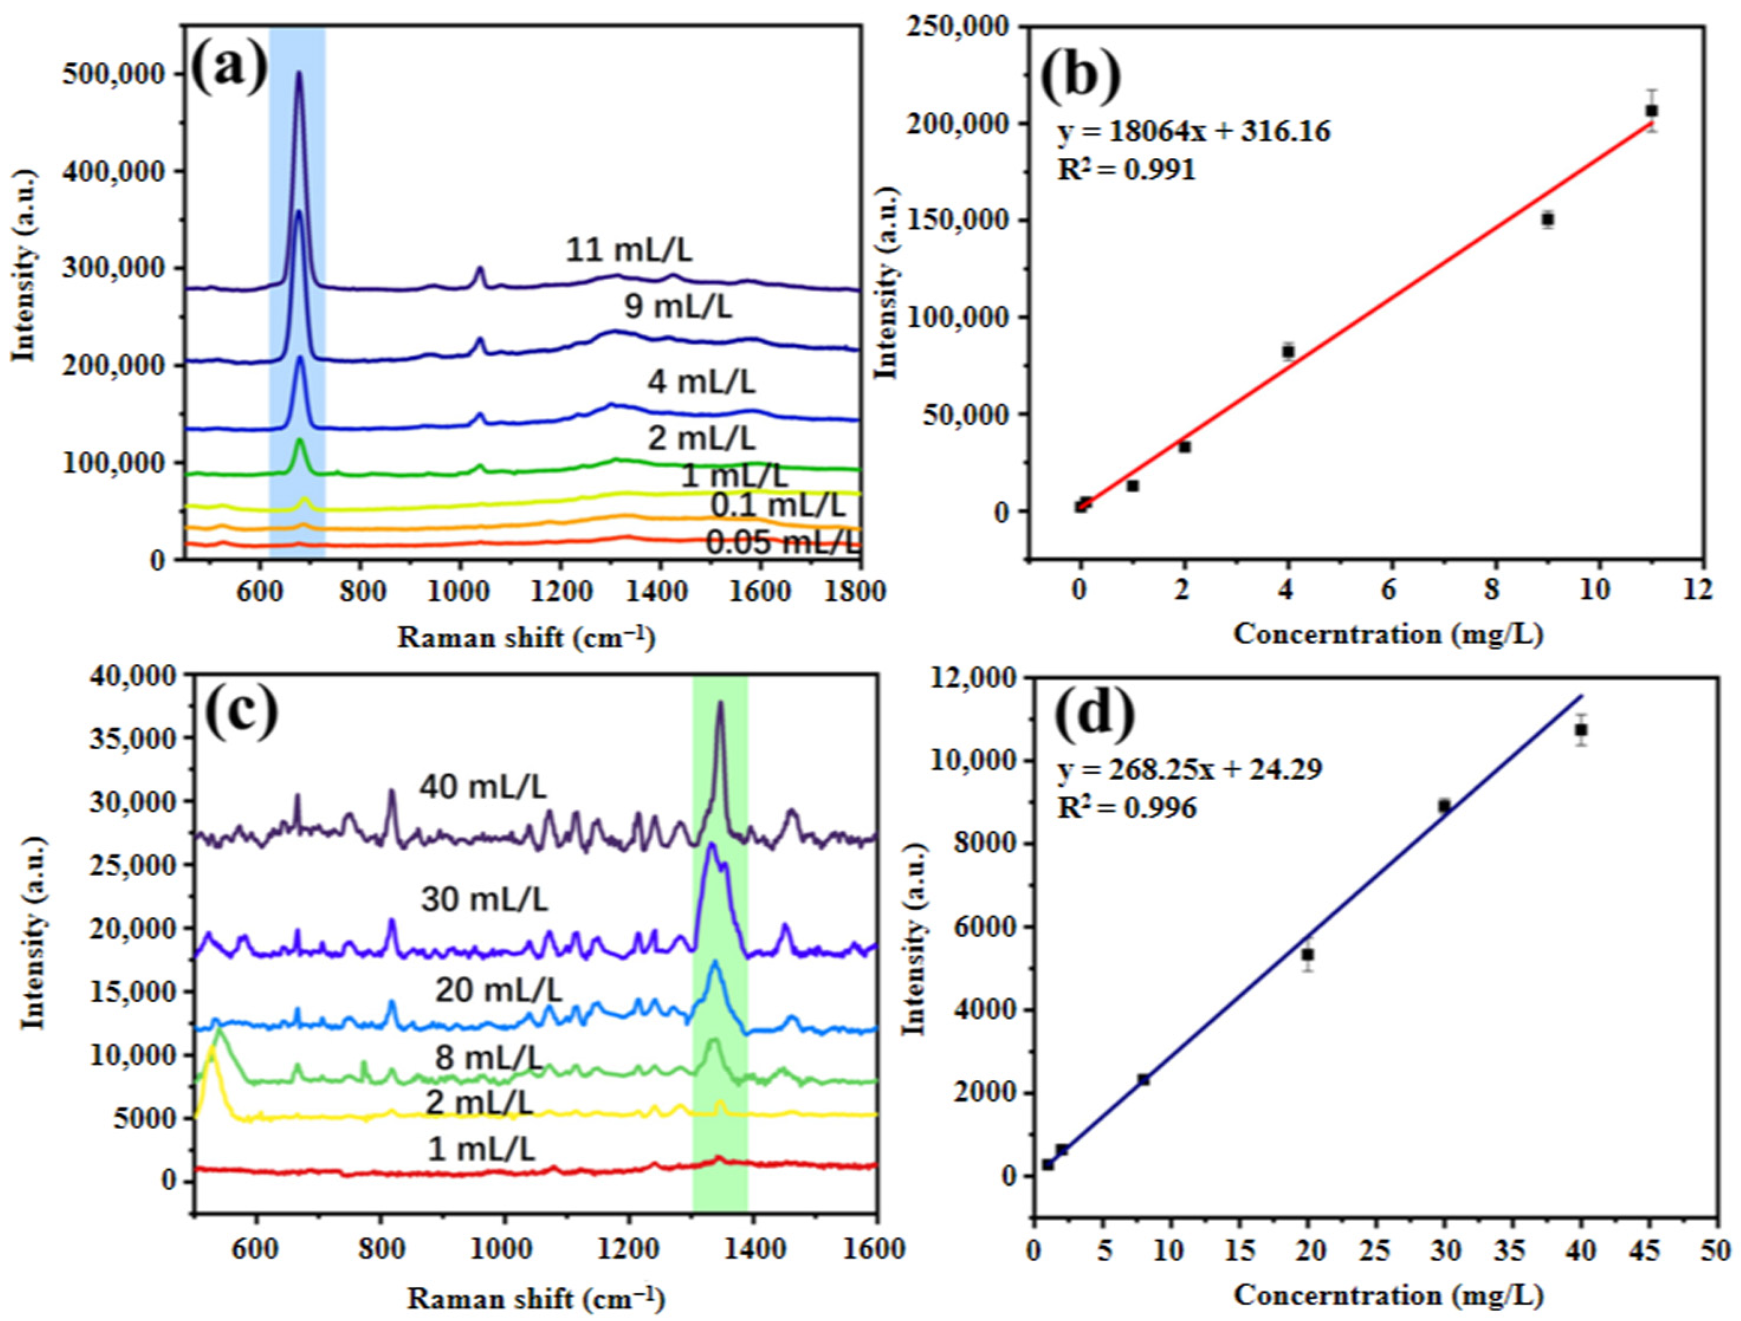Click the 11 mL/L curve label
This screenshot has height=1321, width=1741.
pos(629,250)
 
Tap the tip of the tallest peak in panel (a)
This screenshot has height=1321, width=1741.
pos(298,73)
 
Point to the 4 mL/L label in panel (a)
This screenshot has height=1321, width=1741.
pos(701,382)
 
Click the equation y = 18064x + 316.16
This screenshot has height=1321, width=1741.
pos(1193,131)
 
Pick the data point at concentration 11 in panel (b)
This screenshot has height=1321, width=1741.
pos(1651,111)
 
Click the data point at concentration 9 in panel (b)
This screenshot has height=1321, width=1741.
pos(1548,219)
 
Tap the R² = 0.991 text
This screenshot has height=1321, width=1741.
pos(1127,169)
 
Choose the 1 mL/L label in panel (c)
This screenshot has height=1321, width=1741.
pos(482,1150)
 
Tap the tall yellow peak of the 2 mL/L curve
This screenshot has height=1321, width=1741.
pos(211,1048)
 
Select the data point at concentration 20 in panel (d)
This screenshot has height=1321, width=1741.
pos(1308,955)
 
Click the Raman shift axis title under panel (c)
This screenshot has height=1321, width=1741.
pos(537,1300)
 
